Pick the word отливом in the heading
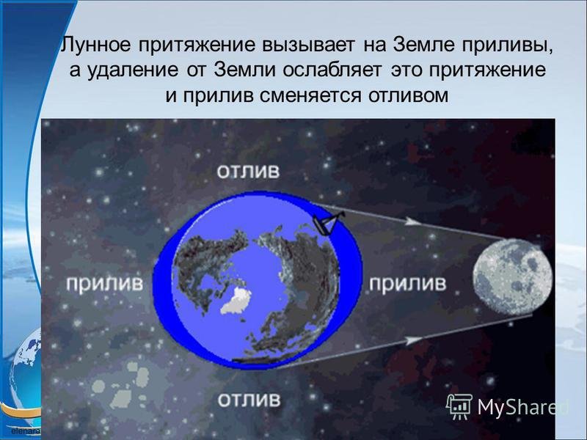pyautogui.click(x=408, y=96)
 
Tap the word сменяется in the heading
pyautogui.click(x=310, y=96)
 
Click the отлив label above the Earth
pyautogui.click(x=248, y=172)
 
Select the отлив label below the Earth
pyautogui.click(x=249, y=400)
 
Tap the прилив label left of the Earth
pyautogui.click(x=104, y=284)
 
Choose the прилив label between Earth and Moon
pyautogui.click(x=408, y=283)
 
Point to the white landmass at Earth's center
pyautogui.click(x=236, y=301)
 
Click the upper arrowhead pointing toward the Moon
pyautogui.click(x=412, y=221)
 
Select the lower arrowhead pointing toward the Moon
pyautogui.click(x=414, y=340)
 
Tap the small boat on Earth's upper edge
pyautogui.click(x=327, y=223)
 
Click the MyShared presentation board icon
pyautogui.click(x=459, y=407)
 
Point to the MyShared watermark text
pyautogui.click(x=523, y=407)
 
